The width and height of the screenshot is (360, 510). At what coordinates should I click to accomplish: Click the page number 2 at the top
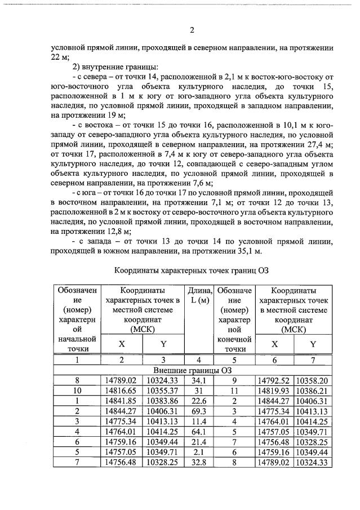[192, 30]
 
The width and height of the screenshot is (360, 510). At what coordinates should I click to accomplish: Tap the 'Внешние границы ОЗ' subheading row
[192, 370]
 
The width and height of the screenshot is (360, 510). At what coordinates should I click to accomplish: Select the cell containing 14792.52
[274, 380]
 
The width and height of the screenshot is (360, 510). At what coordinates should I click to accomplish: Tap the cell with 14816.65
[121, 391]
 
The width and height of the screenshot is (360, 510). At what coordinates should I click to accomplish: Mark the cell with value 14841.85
[121, 401]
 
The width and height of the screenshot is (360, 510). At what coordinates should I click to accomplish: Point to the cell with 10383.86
[163, 401]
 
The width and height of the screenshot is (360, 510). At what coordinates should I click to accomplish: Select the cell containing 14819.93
[274, 391]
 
